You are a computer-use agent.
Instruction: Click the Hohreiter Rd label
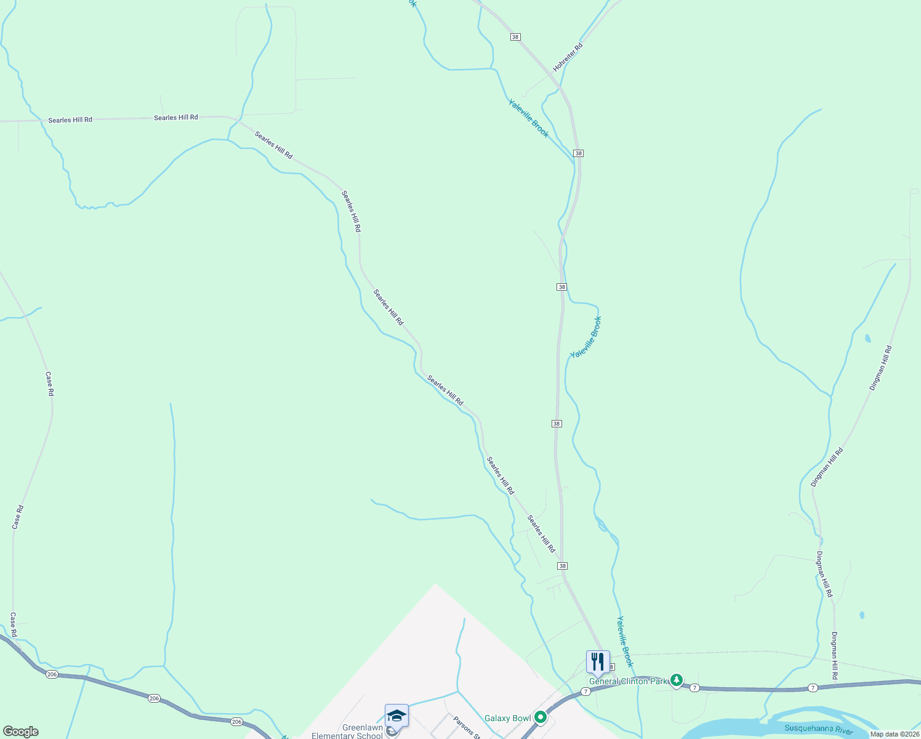[568, 57]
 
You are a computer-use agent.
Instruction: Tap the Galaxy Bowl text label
[507, 718]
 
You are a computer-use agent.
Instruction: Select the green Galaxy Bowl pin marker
[541, 717]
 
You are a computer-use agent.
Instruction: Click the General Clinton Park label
[628, 681]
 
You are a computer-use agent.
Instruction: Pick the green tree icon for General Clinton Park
[677, 680]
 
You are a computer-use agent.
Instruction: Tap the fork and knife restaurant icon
[597, 662]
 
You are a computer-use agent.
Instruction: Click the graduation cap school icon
[396, 716]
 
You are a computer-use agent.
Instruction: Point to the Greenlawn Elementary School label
[347, 732]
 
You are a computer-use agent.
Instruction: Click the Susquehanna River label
[819, 730]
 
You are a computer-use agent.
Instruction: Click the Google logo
[21, 732]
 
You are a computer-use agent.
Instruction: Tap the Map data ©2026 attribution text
[895, 734]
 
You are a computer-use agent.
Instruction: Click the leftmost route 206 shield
[52, 674]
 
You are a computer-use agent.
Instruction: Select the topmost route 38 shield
[515, 37]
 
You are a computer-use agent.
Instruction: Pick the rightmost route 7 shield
[813, 687]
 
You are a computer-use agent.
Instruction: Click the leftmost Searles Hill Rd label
[70, 119]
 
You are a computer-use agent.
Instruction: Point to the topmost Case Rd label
[50, 383]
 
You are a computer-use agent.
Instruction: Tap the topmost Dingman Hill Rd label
[880, 368]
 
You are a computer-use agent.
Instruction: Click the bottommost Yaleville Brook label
[625, 641]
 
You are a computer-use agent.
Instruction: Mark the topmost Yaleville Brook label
[528, 118]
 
